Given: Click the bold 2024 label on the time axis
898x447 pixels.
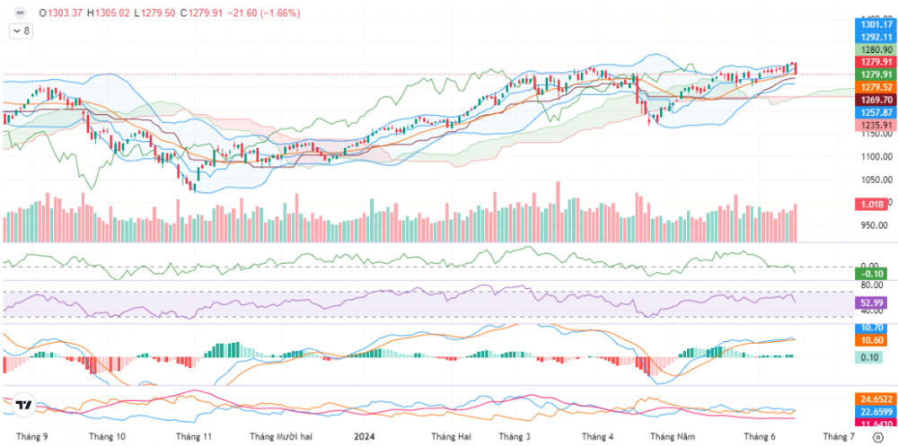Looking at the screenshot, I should pos(365,436).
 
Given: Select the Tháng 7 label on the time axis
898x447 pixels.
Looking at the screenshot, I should pos(839,436).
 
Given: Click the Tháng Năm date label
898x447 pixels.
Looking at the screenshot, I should pos(673,436).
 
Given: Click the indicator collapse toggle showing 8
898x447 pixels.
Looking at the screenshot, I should pos(21,31).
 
